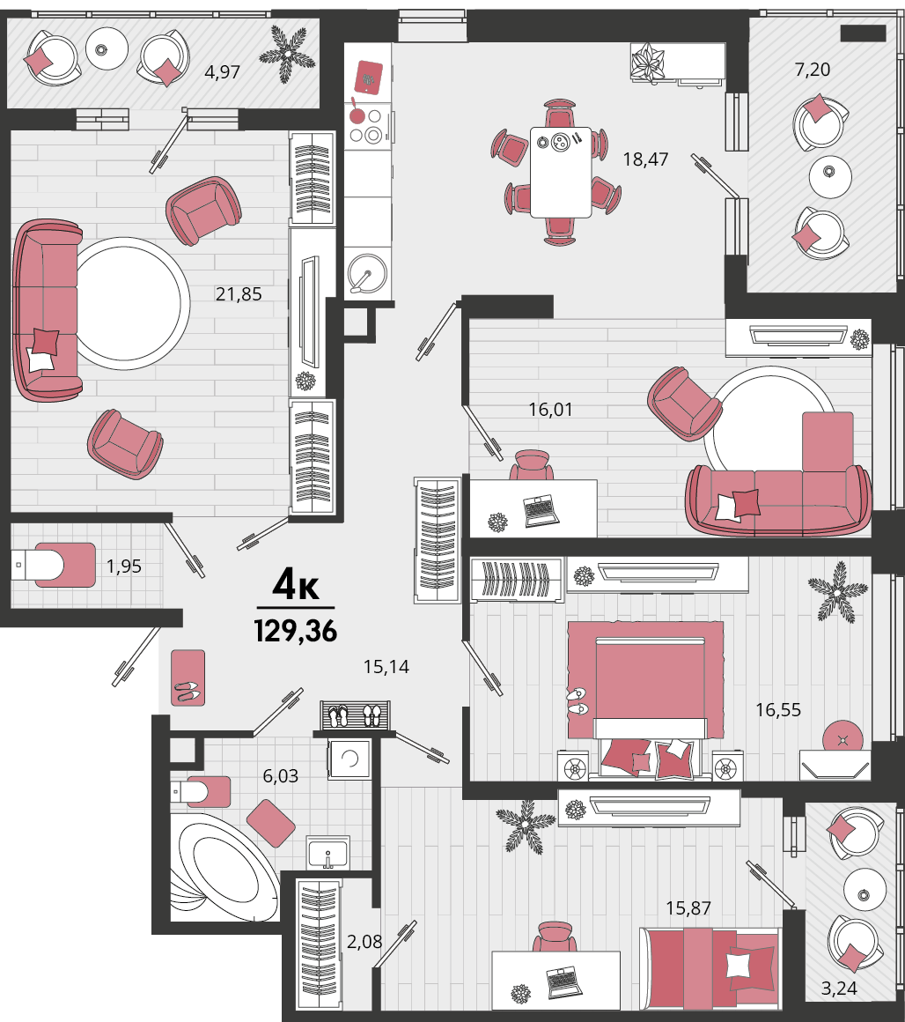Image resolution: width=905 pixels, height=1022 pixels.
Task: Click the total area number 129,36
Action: tap(296, 631)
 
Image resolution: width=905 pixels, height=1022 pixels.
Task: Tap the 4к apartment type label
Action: tap(296, 584)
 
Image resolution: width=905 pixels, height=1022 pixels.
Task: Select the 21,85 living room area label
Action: tap(239, 294)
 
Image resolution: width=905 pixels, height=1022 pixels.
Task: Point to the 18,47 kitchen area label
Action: tap(645, 159)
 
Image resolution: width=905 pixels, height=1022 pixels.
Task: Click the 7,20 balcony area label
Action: tap(812, 69)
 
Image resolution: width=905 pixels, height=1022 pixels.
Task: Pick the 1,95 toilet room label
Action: tap(124, 567)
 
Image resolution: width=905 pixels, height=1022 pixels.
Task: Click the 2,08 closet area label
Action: tap(364, 942)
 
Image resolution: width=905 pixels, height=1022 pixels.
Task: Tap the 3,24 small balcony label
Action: tap(839, 989)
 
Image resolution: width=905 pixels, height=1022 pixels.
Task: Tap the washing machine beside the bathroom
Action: tap(349, 759)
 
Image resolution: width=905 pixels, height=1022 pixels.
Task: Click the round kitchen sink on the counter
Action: tap(368, 273)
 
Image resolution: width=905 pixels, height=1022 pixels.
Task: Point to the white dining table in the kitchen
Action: tap(561, 172)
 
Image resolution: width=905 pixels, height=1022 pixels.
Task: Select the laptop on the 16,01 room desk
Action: tap(541, 511)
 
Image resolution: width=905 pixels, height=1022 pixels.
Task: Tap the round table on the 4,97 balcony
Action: tap(107, 48)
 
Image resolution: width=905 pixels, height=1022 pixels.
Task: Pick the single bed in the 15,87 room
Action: tap(710, 968)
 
